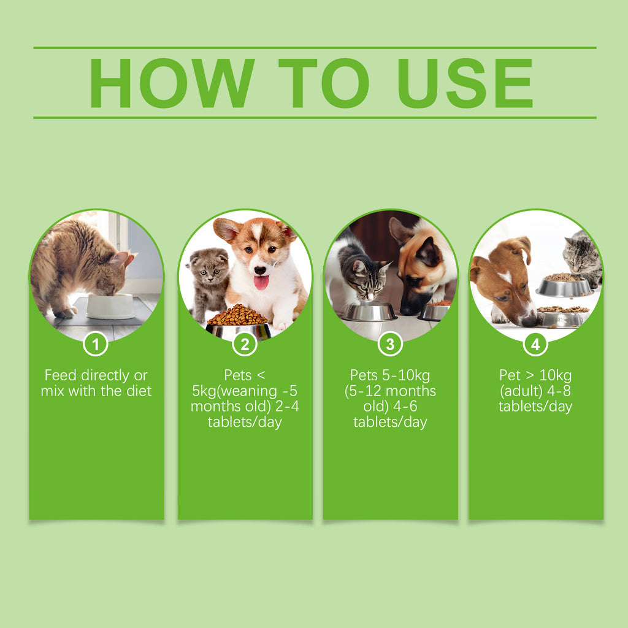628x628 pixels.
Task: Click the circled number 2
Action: click(x=245, y=345)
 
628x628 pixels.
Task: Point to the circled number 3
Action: click(x=390, y=345)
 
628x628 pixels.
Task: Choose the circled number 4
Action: click(x=535, y=345)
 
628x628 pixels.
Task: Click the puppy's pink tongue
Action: click(x=261, y=282)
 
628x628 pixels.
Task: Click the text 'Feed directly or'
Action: click(x=96, y=375)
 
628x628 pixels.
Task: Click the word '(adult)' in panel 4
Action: click(x=520, y=391)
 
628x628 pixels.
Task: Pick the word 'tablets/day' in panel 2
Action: click(x=245, y=422)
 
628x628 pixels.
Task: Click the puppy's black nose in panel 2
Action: click(x=260, y=270)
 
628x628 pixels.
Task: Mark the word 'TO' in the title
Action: click(x=323, y=83)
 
